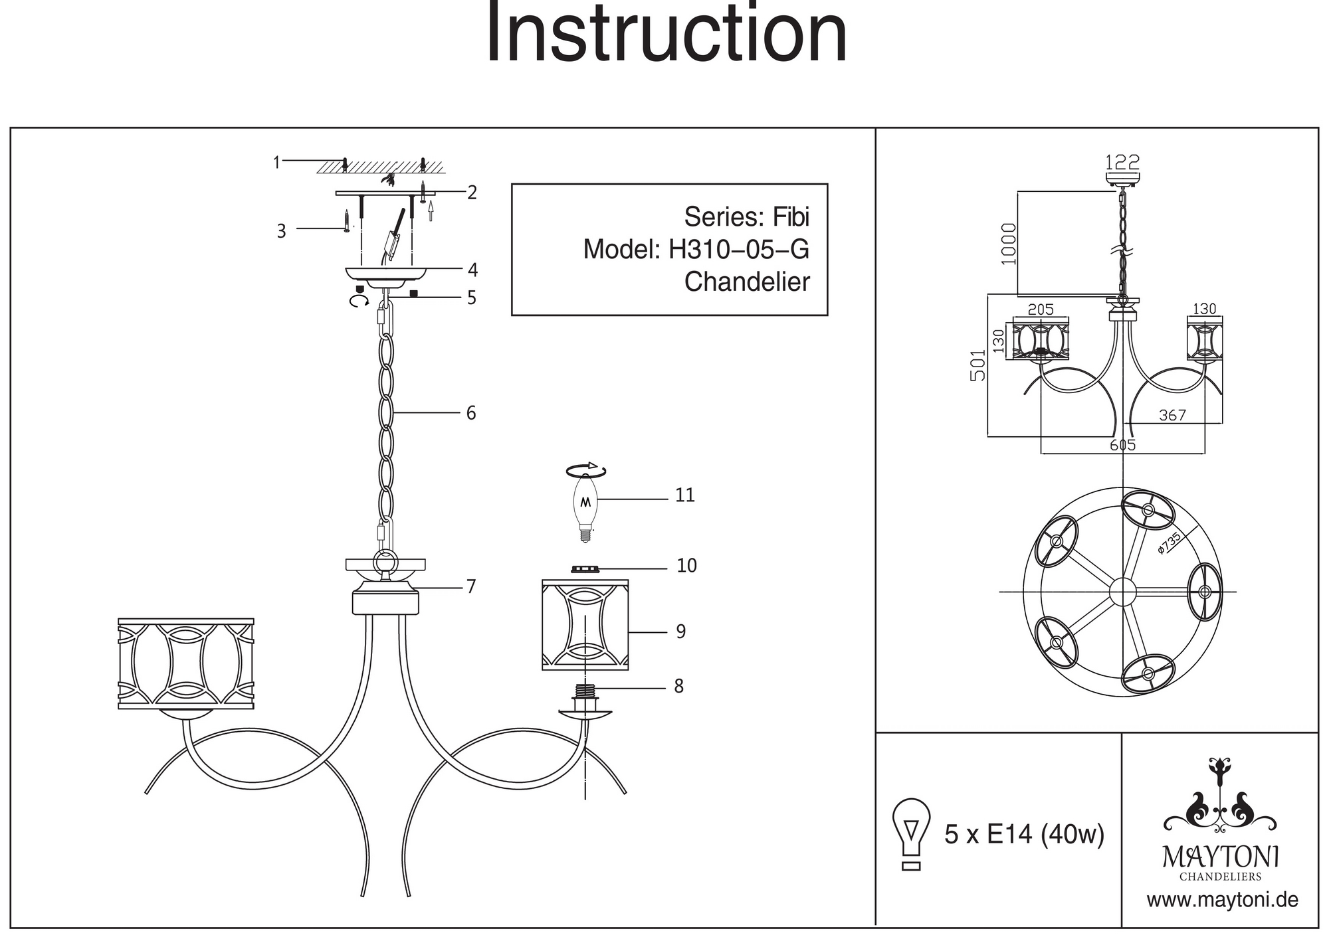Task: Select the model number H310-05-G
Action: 738,250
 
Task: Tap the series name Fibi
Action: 790,217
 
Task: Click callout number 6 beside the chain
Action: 471,413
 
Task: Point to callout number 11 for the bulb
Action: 684,495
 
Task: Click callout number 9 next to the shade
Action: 680,632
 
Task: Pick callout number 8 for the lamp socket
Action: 678,687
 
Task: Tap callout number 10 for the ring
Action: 686,566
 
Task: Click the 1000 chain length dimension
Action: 1009,244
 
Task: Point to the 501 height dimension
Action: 977,365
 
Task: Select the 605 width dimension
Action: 1122,445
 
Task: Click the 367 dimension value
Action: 1172,416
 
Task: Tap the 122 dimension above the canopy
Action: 1122,162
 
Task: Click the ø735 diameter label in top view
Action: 1169,543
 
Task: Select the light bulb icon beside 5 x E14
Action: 912,833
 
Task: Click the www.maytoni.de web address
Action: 1222,900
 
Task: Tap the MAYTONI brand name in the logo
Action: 1220,857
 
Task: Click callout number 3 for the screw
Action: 281,231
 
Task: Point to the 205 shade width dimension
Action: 1041,309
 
